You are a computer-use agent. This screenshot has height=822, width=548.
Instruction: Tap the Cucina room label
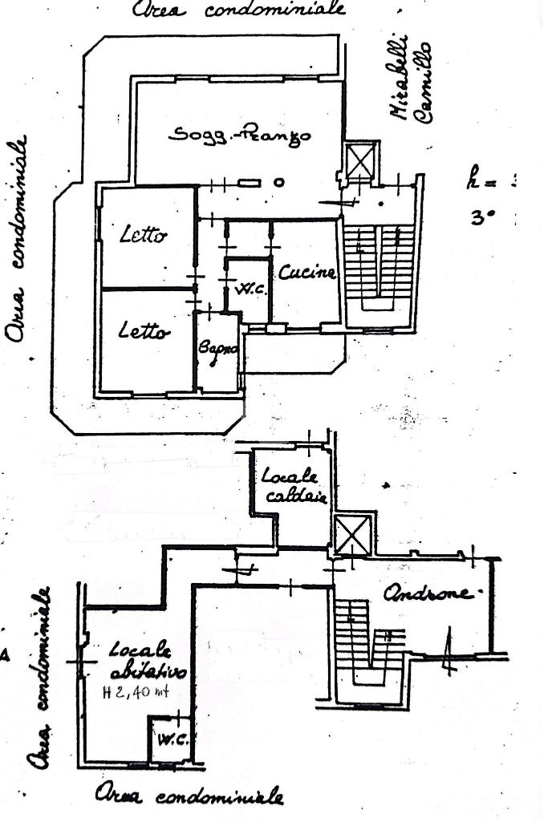point(306,273)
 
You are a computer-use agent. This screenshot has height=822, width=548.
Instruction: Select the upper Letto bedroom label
point(144,236)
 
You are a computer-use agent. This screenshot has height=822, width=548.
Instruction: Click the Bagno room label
point(217,350)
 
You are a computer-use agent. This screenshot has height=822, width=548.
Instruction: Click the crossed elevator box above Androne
point(352,535)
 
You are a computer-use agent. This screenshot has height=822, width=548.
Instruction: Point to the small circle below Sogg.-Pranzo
point(279,183)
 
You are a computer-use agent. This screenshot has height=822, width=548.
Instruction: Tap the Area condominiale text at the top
point(239,10)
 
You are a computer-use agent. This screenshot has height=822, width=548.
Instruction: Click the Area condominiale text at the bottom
point(189,796)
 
